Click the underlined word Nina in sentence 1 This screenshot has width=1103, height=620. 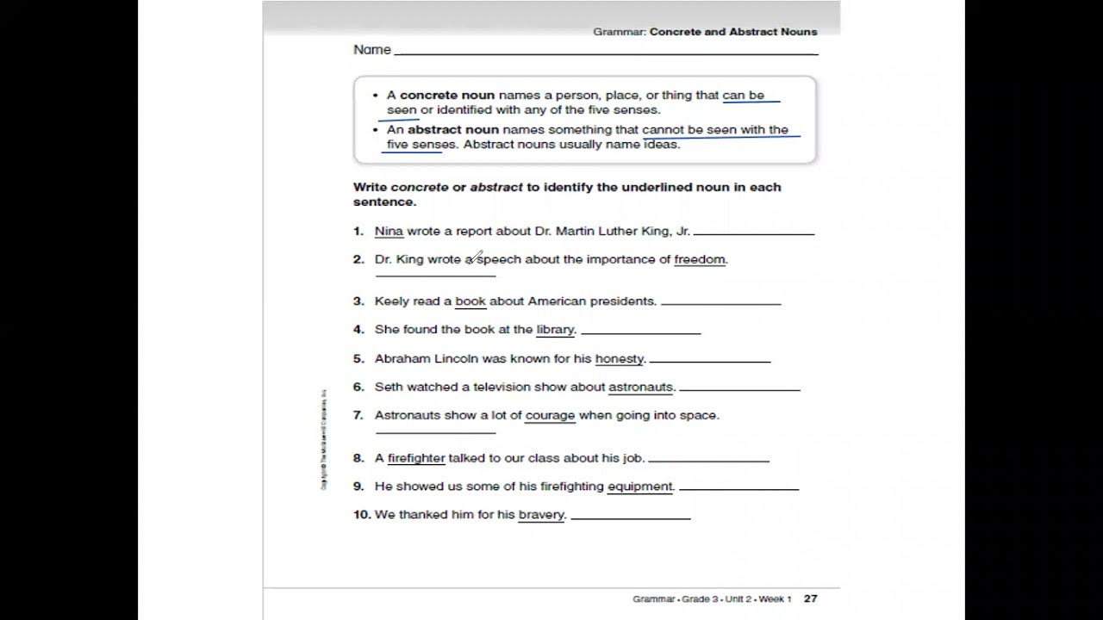tap(389, 231)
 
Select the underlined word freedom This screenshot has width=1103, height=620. tap(700, 259)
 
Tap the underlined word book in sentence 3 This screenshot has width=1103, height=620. tap(470, 301)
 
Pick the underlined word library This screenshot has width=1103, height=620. tap(555, 330)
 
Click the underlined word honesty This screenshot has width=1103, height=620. tap(620, 359)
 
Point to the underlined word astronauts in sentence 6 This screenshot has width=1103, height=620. tap(640, 387)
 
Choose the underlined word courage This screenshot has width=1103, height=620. tap(550, 415)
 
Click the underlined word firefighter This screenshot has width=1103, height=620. tap(416, 458)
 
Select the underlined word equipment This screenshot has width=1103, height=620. tap(639, 487)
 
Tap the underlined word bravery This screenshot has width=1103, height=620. tap(541, 515)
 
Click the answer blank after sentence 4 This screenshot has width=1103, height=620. tap(640, 332)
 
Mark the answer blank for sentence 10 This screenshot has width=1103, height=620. tap(630, 517)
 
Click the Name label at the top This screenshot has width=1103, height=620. tap(372, 50)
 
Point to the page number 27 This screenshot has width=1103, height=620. tap(810, 598)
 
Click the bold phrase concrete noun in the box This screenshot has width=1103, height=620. tap(447, 96)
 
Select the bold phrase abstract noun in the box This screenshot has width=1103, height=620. tap(453, 130)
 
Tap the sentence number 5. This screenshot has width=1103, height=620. tap(358, 359)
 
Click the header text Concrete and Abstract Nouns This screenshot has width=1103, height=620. tap(733, 32)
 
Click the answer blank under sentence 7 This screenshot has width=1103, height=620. tap(435, 431)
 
